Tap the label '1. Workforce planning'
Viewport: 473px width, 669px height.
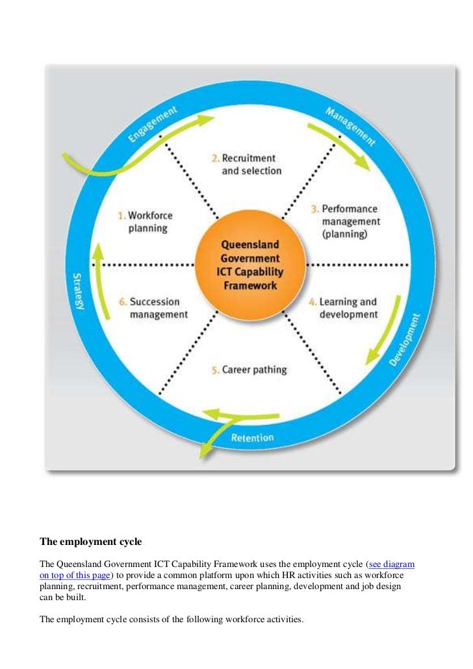145,221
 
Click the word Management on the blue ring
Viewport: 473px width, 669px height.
351,125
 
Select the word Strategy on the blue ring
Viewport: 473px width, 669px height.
77,290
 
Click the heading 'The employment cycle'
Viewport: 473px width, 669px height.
90,540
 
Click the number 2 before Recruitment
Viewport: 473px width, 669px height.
215,158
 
